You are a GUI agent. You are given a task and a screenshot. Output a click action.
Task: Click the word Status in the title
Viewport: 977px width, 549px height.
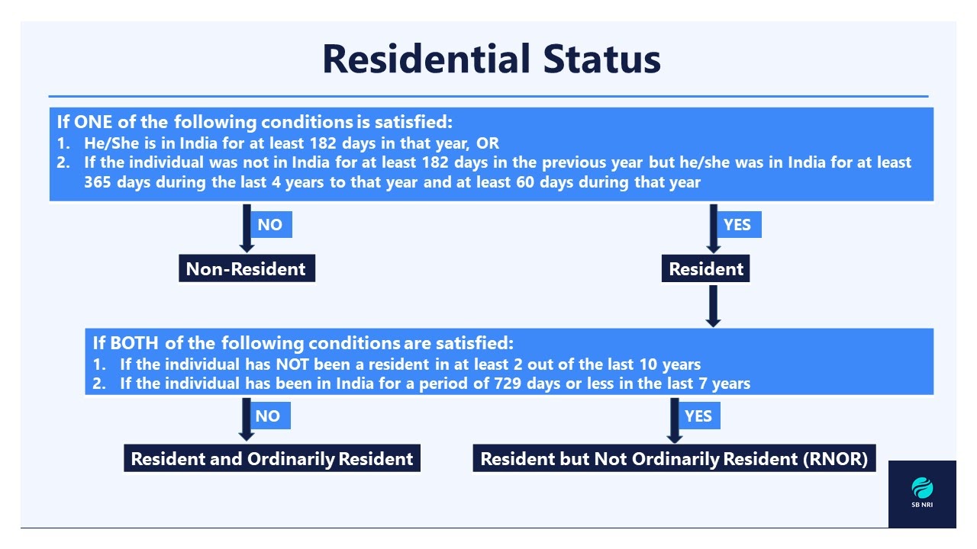[602, 59]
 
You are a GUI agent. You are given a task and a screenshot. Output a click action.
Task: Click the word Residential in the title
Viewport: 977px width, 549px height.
[426, 59]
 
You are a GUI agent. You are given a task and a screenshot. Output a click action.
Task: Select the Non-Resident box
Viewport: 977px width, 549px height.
[247, 268]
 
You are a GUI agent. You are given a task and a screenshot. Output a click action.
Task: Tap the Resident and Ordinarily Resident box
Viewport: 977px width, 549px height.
[272, 458]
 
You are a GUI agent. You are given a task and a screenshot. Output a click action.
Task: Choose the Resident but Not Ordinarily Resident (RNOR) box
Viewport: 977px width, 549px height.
[674, 458]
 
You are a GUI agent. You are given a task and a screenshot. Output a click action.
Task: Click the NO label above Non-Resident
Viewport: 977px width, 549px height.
[270, 225]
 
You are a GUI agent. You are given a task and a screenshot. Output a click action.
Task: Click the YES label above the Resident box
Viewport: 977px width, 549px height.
[738, 225]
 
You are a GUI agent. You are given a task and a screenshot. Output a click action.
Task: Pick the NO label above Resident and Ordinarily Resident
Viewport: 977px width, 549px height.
[269, 416]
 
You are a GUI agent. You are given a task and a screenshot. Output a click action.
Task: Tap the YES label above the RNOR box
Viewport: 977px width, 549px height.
[698, 416]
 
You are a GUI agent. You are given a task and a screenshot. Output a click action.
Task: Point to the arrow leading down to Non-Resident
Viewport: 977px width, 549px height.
[247, 228]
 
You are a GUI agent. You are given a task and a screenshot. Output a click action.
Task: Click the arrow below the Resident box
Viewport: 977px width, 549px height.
[713, 306]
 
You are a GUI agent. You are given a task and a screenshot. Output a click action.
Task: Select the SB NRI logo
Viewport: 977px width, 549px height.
[922, 493]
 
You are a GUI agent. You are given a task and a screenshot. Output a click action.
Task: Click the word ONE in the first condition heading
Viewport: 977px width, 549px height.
[93, 122]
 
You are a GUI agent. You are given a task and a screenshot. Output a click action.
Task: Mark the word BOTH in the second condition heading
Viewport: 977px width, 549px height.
[134, 343]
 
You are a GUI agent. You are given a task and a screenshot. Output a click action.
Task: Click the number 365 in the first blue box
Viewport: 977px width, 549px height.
[98, 182]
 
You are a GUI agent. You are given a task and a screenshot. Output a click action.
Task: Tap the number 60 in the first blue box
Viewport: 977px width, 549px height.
[525, 182]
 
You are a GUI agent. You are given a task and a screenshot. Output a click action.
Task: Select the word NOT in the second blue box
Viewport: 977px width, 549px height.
[292, 364]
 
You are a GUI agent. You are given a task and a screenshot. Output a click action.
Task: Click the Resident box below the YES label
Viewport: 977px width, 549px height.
[706, 268]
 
